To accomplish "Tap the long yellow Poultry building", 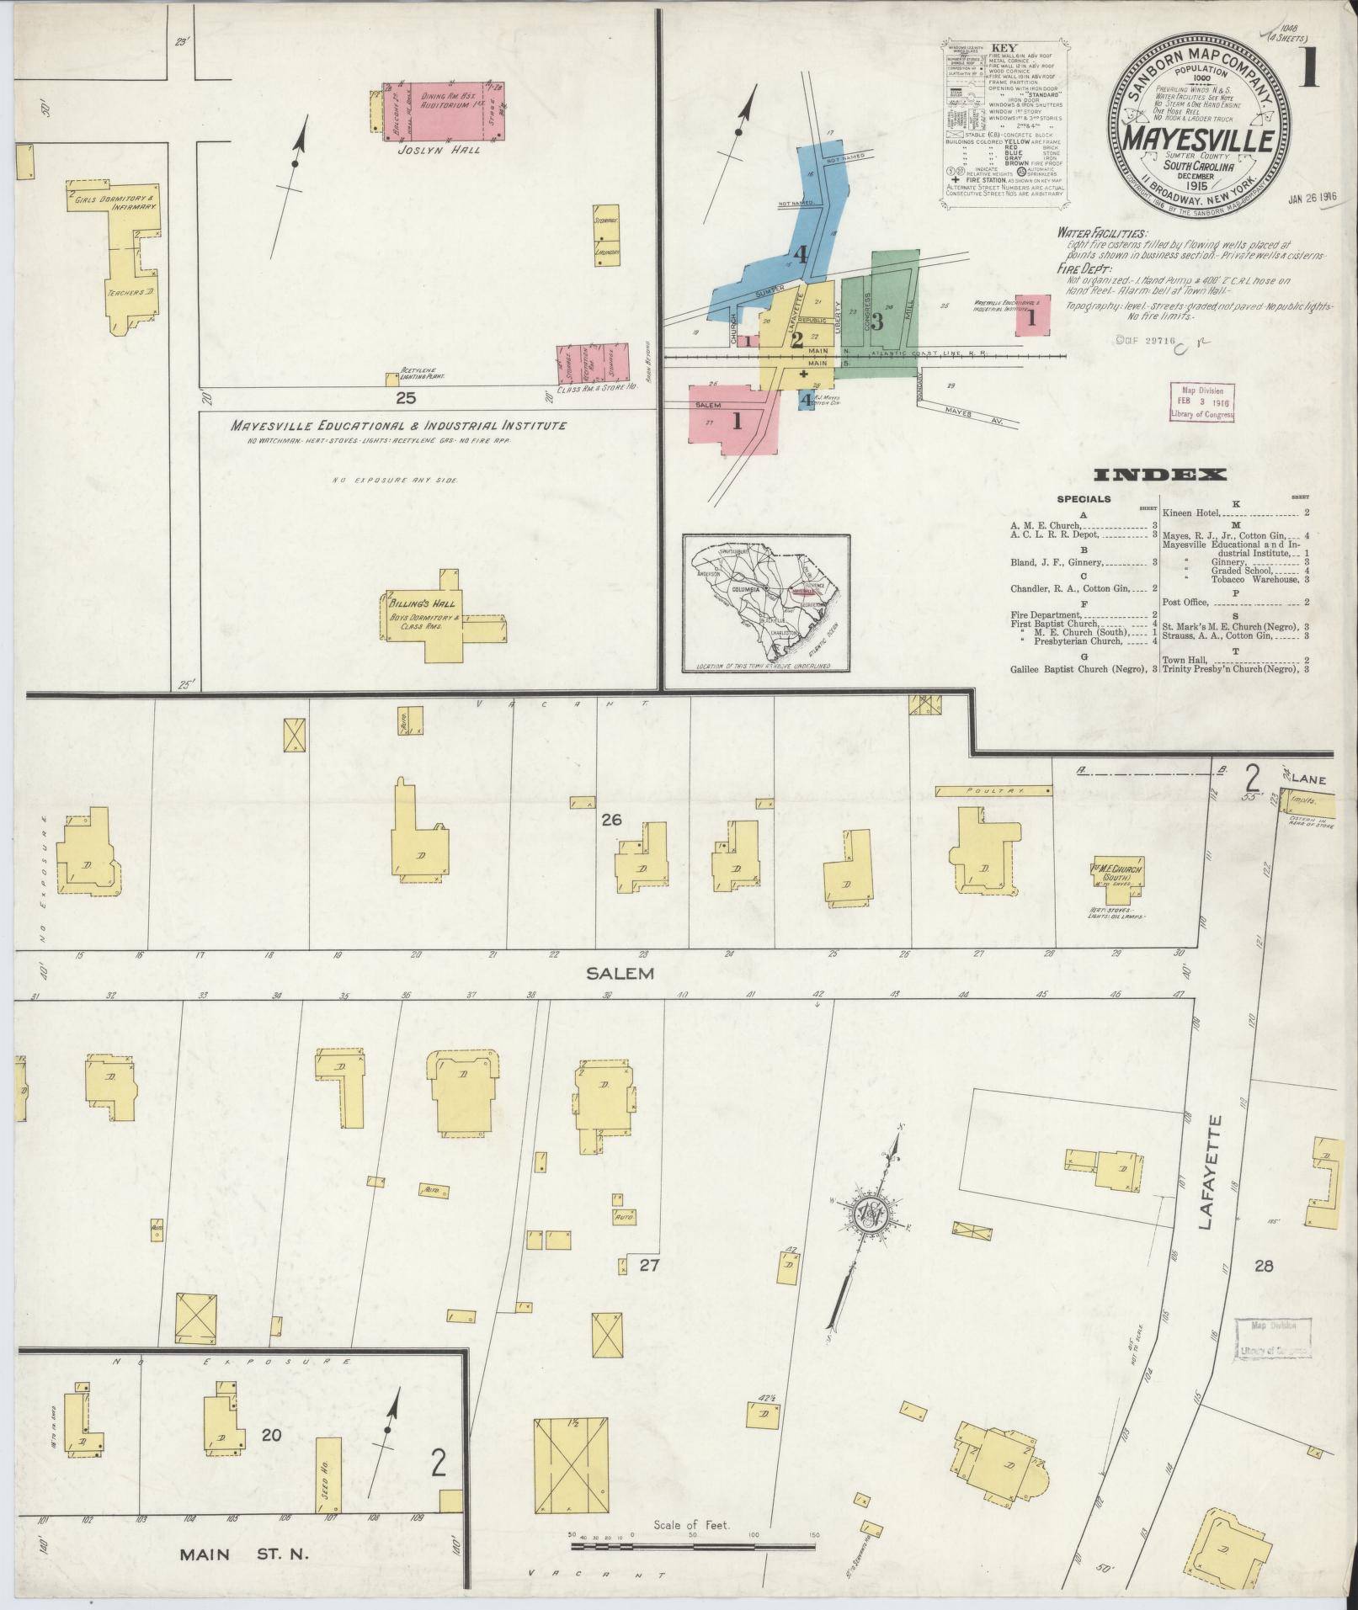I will pyautogui.click(x=993, y=791).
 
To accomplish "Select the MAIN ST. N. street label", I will pyautogui.click(x=245, y=1554).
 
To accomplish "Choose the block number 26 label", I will pyautogui.click(x=610, y=818).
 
